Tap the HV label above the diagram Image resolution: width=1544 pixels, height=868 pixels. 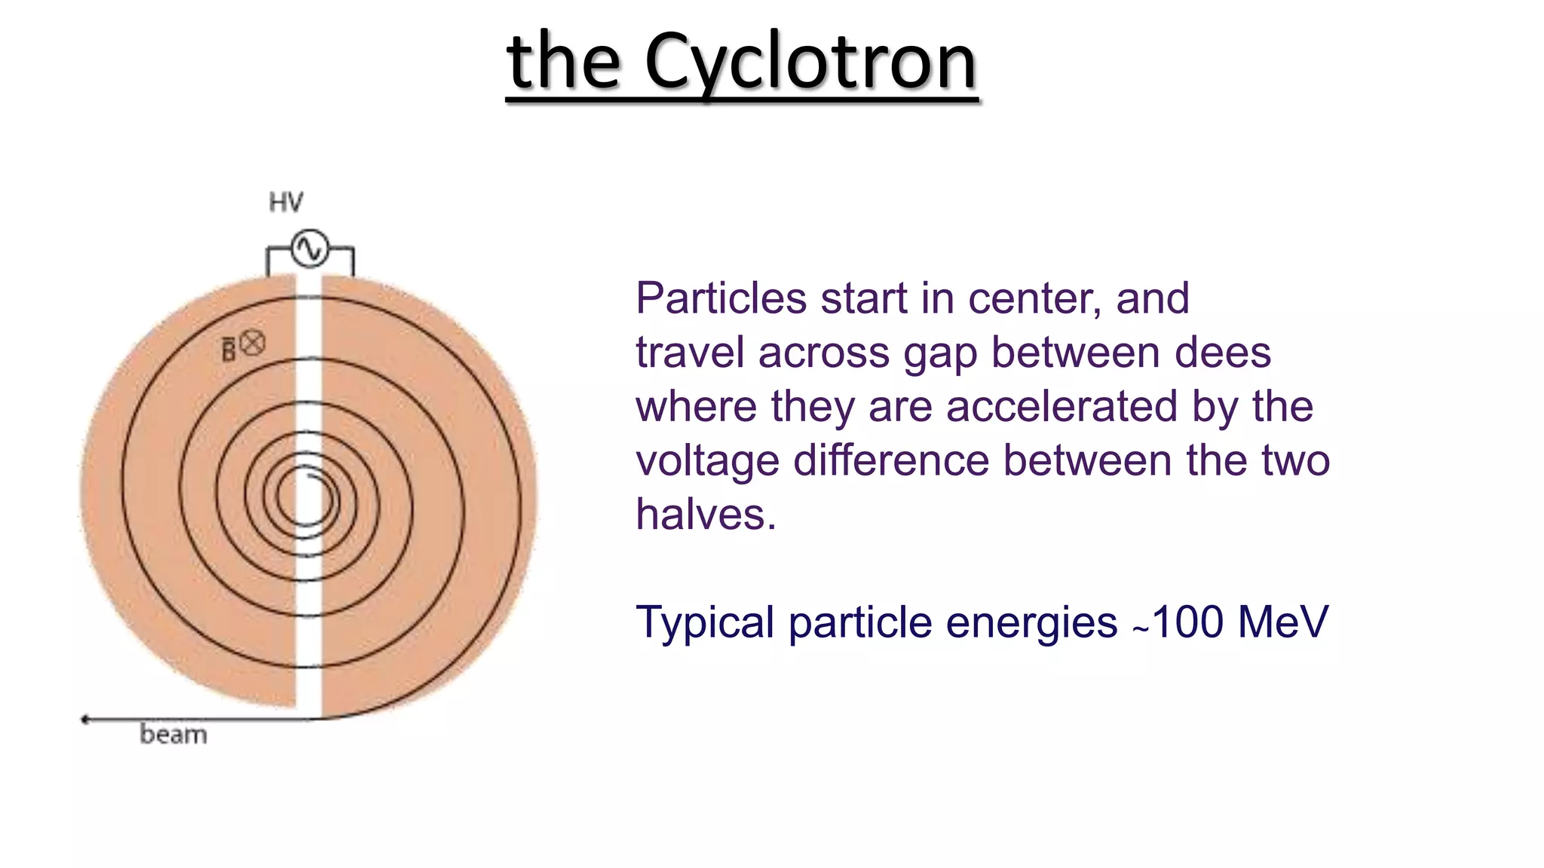286,202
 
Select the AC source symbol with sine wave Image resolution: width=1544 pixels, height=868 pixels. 310,248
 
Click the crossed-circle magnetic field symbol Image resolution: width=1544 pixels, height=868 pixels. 253,343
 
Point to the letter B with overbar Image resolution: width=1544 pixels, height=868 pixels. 228,349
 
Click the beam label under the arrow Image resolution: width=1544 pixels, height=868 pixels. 173,735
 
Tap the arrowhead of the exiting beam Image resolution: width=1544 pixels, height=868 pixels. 85,720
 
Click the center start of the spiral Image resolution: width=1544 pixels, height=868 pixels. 311,476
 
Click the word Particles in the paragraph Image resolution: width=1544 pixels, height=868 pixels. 721,298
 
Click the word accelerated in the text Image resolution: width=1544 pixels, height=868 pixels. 1061,407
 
